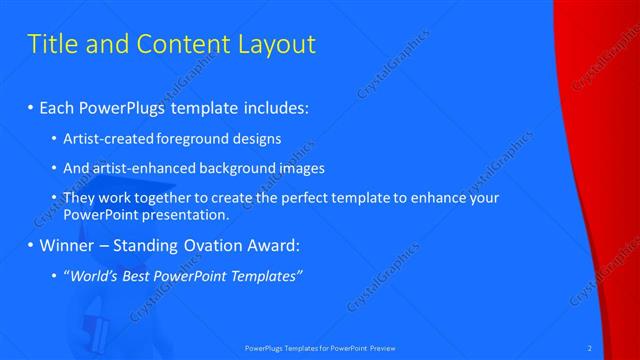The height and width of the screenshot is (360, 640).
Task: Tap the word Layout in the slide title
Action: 277,44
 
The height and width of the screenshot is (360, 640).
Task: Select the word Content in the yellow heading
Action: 182,44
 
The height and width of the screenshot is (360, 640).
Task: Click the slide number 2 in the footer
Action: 590,348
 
